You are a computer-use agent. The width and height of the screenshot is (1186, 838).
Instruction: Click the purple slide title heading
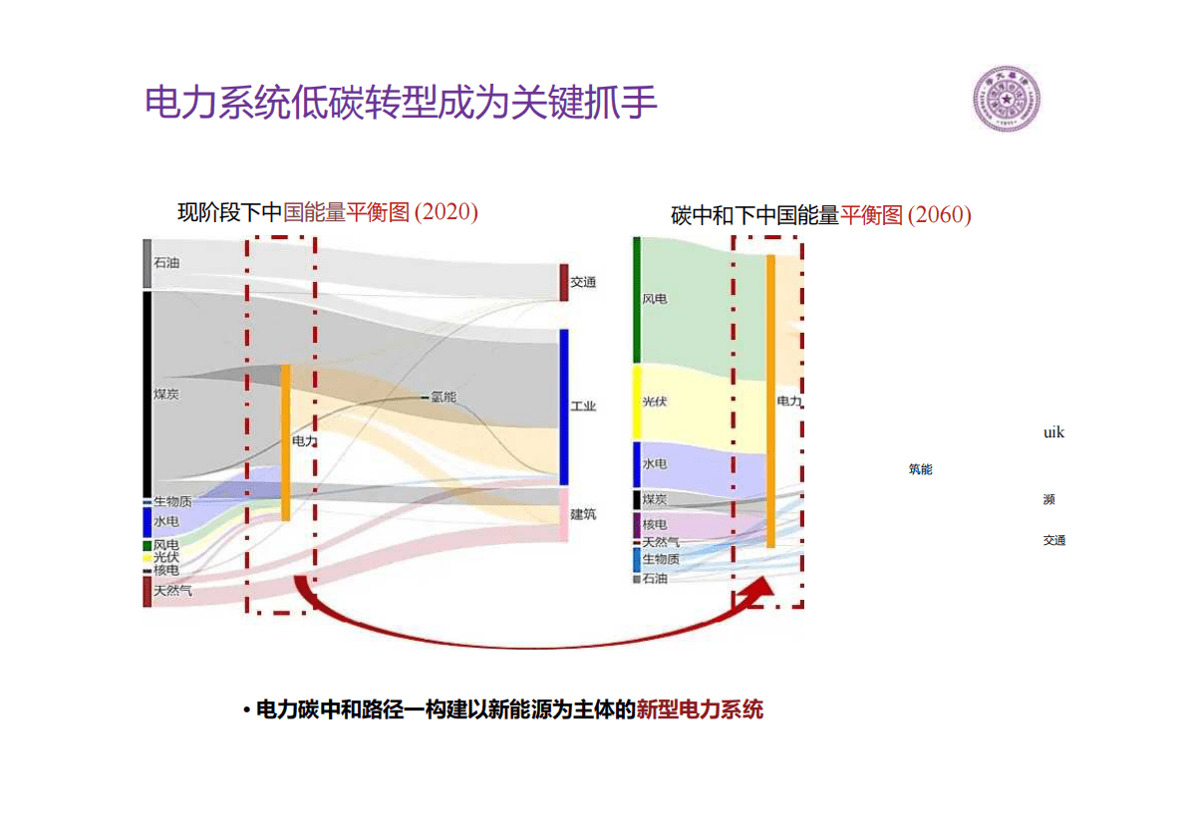402,103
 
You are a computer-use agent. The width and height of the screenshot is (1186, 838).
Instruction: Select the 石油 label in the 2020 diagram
166,263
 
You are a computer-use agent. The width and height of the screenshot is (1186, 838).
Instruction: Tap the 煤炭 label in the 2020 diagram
166,395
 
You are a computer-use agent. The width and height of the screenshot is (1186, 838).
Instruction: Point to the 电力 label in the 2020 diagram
304,439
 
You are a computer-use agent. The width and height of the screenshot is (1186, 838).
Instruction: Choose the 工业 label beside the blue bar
583,407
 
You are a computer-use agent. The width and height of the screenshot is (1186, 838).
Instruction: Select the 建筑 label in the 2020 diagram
583,514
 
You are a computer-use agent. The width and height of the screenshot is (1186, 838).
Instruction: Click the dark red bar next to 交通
563,282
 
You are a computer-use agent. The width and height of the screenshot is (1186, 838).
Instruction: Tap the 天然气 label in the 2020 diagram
172,591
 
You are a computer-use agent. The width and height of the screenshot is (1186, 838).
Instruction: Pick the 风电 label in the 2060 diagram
655,298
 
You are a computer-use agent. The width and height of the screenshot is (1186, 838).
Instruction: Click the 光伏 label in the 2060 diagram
655,402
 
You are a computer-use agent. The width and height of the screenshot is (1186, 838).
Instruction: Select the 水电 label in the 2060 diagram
655,464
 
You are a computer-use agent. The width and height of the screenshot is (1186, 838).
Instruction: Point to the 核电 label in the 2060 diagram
655,525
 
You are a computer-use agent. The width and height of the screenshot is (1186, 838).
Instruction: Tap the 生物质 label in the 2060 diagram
661,559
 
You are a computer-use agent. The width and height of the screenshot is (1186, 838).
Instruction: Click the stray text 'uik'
1053,432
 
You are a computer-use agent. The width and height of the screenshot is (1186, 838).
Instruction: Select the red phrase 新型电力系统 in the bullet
700,709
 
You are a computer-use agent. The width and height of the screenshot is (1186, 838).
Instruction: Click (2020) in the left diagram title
445,211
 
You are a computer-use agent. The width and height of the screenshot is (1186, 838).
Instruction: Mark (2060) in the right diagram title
939,214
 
